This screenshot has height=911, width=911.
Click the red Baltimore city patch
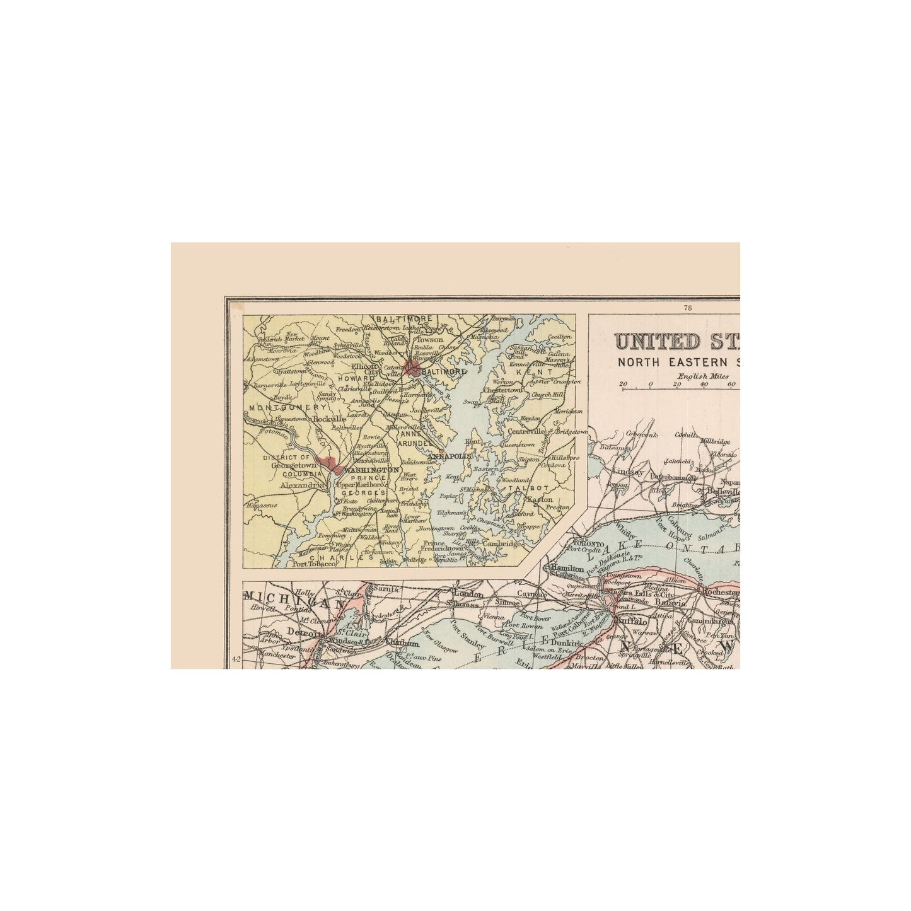point(412,368)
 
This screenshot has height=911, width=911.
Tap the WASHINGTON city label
point(371,470)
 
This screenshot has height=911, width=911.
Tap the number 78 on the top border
point(687,308)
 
